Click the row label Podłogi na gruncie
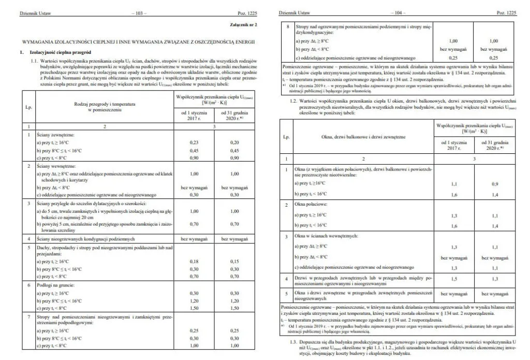[x=55, y=285]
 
